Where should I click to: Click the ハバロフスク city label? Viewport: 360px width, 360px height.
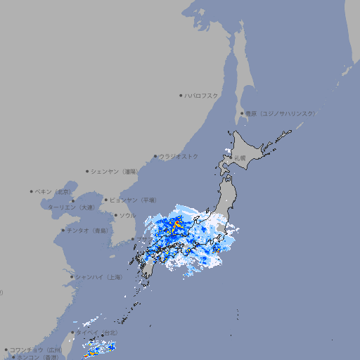202,95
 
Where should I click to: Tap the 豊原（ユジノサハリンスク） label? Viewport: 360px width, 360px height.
280,113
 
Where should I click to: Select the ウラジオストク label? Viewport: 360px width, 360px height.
179,156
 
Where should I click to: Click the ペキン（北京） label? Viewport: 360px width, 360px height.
54,191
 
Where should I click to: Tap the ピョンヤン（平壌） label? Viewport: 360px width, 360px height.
133,200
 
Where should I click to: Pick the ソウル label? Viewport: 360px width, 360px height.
127,215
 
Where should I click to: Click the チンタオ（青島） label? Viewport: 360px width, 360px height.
88,230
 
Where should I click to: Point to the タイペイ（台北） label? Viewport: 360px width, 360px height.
96,333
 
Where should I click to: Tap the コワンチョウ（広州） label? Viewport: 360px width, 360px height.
36,349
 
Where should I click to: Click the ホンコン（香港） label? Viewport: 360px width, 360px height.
39,357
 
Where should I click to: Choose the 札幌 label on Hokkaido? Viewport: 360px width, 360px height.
240,157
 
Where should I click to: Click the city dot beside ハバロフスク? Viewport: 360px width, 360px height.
181,95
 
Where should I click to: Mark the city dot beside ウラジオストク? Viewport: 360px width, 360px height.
155,156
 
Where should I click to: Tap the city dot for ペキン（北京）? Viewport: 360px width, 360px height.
32,191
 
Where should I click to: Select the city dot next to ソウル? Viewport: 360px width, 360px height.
115,215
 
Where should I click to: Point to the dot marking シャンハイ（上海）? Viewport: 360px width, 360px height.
71,277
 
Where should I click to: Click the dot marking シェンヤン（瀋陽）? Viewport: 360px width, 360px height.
87,171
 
